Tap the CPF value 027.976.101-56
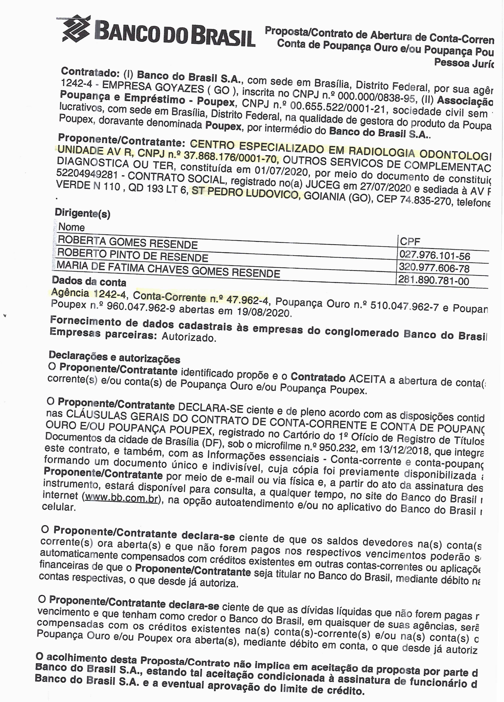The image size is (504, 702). pos(434,256)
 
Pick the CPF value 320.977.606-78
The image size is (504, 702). pos(434,268)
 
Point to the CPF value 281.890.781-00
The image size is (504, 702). pos(433,280)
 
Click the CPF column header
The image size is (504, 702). pos(410,241)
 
